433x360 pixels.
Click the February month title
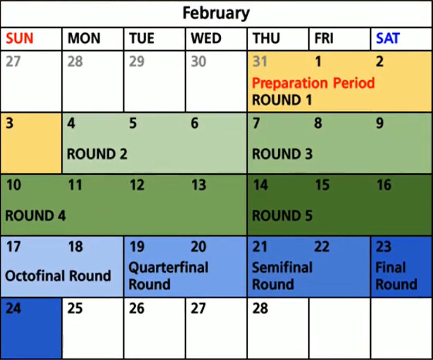[216, 13]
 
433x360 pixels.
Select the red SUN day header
[20, 38]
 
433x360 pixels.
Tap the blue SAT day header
[388, 38]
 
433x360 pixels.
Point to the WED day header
[206, 38]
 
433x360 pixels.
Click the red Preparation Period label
[314, 83]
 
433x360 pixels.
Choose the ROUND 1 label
[282, 100]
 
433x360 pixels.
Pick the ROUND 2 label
[97, 154]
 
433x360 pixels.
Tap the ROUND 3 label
[282, 154]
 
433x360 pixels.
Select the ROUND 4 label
[35, 215]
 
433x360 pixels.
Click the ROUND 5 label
[282, 215]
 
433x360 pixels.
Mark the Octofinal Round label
[58, 276]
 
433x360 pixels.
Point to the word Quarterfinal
[168, 268]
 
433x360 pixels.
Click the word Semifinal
[282, 268]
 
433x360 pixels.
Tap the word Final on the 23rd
[390, 268]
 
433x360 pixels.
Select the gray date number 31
[260, 61]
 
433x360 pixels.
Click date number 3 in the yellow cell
[10, 123]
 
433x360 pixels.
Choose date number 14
[260, 185]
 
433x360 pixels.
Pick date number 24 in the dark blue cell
[13, 308]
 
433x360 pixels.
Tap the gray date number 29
[136, 61]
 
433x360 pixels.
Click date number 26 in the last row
[136, 308]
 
